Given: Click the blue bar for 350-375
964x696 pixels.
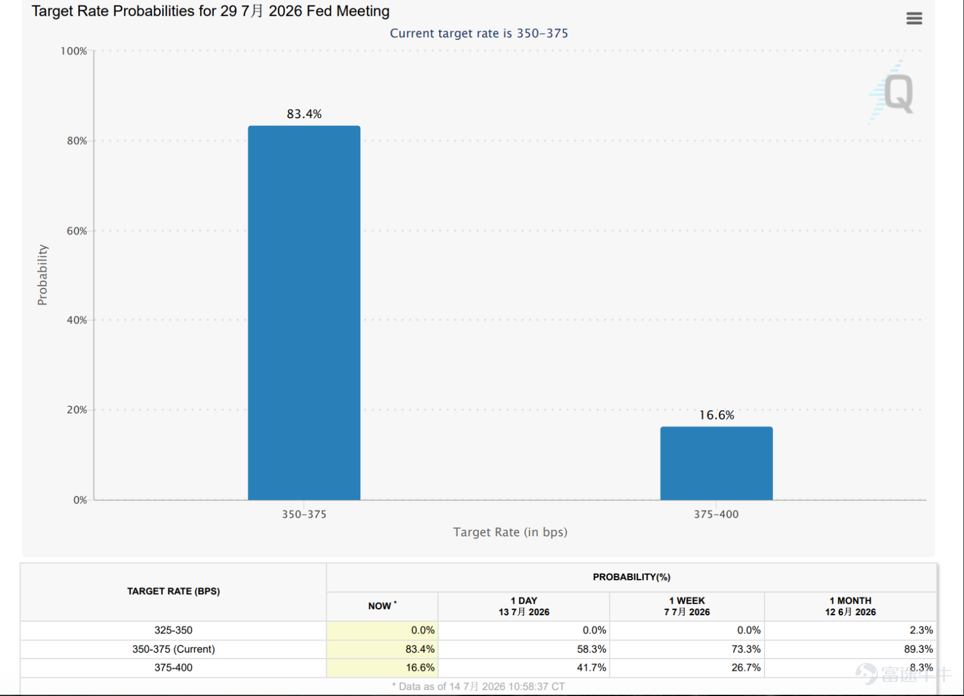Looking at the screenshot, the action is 304,313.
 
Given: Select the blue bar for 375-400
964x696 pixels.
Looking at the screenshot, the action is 716,463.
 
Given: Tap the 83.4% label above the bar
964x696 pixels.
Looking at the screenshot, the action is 304,114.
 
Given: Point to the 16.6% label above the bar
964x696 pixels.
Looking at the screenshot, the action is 716,415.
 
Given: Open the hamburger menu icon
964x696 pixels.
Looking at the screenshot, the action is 914,18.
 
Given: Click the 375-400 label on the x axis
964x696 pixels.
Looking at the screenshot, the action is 716,514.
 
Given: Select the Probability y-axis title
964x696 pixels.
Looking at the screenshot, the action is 42,275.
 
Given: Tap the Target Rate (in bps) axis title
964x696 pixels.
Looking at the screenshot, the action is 510,532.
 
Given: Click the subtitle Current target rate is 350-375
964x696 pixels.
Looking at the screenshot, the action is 479,33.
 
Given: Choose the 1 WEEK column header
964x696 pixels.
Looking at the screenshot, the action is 687,606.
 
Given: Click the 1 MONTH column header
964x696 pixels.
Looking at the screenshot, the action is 850,606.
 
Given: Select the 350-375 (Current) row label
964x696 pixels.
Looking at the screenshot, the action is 174,648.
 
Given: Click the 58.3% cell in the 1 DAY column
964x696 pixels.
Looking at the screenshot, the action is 591,648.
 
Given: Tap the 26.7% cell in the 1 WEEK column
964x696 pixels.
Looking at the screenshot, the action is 746,667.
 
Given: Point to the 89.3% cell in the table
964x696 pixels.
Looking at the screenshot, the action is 918,648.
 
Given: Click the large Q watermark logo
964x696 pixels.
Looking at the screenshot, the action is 898,93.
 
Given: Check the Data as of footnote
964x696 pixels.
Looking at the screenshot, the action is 478,686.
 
